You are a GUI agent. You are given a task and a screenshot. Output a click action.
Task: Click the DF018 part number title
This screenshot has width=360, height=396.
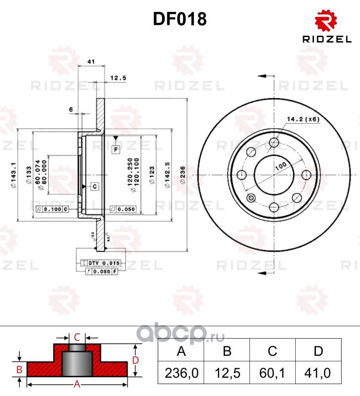(180, 19)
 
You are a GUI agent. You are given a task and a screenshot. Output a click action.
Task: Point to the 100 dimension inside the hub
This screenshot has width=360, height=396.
(281, 166)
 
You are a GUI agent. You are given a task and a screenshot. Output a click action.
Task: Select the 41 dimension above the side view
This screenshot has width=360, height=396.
(90, 61)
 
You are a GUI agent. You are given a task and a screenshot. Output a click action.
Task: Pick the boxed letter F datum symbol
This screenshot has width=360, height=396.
(115, 148)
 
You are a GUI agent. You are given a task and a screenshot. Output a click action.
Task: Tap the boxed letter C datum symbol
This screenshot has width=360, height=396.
(94, 186)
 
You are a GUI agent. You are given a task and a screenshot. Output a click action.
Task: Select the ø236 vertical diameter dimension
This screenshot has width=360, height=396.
(182, 175)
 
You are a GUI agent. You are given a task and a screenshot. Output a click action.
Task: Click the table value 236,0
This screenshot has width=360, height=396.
(180, 372)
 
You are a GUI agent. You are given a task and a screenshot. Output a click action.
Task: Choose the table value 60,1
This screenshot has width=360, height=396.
(272, 372)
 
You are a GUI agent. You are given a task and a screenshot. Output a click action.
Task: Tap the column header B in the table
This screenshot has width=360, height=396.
(227, 351)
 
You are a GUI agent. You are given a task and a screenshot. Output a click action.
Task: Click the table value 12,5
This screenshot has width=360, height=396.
(227, 372)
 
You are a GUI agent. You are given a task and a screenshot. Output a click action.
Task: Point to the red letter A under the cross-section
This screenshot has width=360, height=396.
(77, 384)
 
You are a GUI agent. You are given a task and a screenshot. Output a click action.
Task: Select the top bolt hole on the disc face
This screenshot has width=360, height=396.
(274, 143)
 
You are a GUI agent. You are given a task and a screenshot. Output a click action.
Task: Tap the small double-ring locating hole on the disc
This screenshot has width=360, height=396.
(251, 199)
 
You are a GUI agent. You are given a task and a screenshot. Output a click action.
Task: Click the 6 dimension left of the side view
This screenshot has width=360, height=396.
(72, 109)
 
